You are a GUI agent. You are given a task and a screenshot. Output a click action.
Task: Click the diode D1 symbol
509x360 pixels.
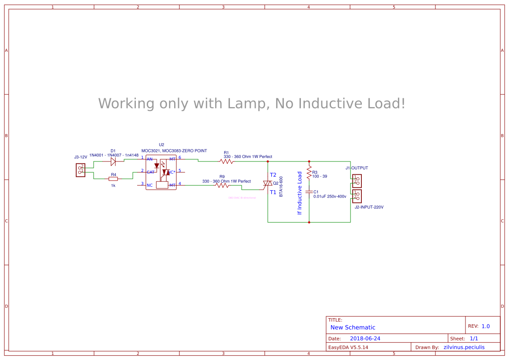pyautogui.click(x=113, y=161)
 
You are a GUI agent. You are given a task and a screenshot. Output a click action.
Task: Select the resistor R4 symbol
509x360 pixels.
pyautogui.click(x=113, y=178)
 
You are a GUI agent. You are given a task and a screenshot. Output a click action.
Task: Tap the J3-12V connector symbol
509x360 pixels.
pyautogui.click(x=81, y=170)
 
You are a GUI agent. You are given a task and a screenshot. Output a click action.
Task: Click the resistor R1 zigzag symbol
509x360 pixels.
pyautogui.click(x=226, y=161)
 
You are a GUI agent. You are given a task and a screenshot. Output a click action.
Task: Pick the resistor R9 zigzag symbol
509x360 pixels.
pyautogui.click(x=222, y=185)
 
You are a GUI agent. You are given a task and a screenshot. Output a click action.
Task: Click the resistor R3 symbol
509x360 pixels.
pyautogui.click(x=309, y=173)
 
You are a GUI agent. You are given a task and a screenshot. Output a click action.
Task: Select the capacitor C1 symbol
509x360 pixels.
pyautogui.click(x=309, y=192)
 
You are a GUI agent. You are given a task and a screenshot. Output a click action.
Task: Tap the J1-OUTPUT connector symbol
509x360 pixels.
pyautogui.click(x=357, y=181)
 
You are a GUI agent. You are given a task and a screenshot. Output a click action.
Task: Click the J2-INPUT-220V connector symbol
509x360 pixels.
pyautogui.click(x=357, y=196)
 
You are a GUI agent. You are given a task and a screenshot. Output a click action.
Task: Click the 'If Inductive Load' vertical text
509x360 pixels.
pyautogui.click(x=300, y=193)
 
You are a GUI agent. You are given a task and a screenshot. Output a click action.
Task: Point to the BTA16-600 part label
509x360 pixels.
pyautogui.click(x=281, y=186)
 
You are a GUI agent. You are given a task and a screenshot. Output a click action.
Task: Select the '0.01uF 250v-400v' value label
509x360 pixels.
pyautogui.click(x=330, y=196)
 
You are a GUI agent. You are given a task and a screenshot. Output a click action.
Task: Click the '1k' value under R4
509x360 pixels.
pyautogui.click(x=113, y=185)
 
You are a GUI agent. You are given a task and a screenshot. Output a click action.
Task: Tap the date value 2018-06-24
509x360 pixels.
pyautogui.click(x=365, y=339)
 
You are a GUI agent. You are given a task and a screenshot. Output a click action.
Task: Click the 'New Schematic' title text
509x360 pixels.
pyautogui.click(x=353, y=327)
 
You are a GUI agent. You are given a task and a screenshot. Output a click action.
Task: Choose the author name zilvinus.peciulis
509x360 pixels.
pyautogui.click(x=464, y=347)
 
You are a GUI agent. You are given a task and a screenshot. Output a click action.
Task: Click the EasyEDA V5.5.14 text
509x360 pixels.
pyautogui.click(x=348, y=347)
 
